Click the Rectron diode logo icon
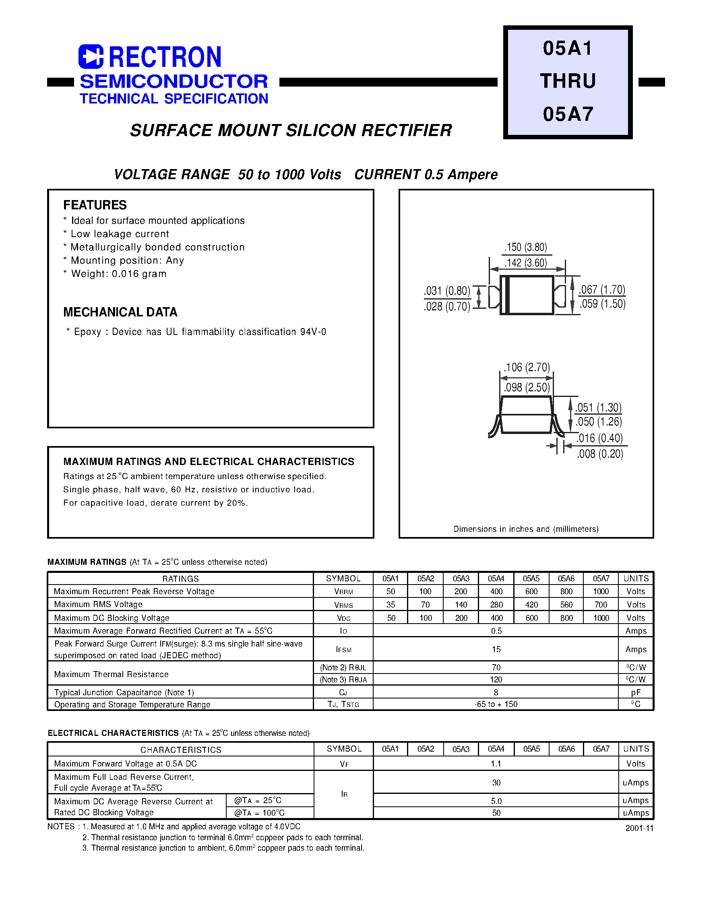(x=91, y=56)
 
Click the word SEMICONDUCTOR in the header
(x=174, y=81)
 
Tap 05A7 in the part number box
(x=568, y=114)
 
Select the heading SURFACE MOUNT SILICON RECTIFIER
(x=291, y=130)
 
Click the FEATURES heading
(x=95, y=205)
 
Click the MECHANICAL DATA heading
(x=120, y=312)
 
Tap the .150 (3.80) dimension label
(x=526, y=247)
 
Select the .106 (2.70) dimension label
(x=527, y=367)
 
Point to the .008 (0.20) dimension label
(x=600, y=454)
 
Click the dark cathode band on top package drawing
(x=507, y=295)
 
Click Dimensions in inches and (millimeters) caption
(x=526, y=529)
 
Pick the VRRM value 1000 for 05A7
(x=601, y=591)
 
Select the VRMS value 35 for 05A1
(x=391, y=604)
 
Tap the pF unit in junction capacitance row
(x=636, y=692)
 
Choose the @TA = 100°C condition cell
(x=259, y=812)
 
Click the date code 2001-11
(x=639, y=828)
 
